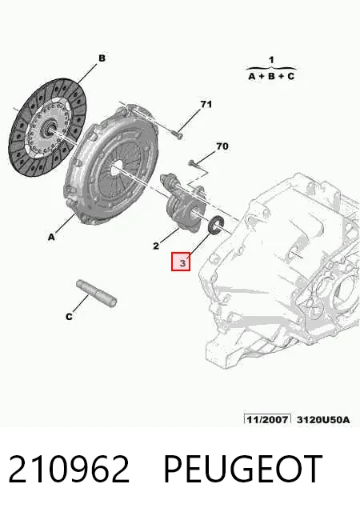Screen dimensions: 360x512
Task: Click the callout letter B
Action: click(102, 58)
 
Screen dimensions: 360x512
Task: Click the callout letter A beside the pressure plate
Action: click(51, 237)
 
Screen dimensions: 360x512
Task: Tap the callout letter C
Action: click(69, 317)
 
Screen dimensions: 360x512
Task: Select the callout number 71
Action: click(206, 104)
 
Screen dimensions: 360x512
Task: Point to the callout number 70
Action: click(222, 146)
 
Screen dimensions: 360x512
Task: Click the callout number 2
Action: click(156, 246)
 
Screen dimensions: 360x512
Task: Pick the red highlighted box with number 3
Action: click(181, 262)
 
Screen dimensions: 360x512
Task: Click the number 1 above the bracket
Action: click(271, 60)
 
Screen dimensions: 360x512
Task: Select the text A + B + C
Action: click(271, 77)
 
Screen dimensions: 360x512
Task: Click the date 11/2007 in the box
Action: click(267, 419)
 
